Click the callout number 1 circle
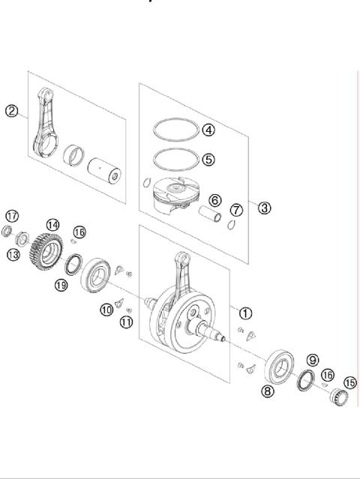click(245, 313)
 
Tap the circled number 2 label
click(11, 111)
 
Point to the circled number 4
click(208, 130)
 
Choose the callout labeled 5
click(208, 159)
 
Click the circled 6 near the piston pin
click(214, 200)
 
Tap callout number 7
click(236, 209)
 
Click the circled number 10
click(106, 309)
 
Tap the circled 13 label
click(13, 256)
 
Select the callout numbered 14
click(52, 224)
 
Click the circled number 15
click(349, 382)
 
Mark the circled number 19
click(61, 285)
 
